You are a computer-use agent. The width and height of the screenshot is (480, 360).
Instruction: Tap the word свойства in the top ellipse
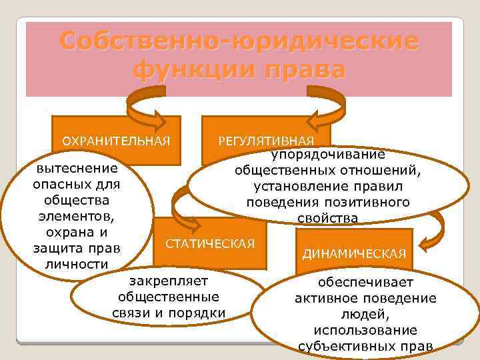(327, 218)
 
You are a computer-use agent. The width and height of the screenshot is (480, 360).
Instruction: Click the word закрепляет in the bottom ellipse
(168, 281)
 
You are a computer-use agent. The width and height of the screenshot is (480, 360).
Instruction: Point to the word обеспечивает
(365, 282)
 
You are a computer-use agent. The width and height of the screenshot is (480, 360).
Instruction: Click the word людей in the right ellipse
(365, 314)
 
